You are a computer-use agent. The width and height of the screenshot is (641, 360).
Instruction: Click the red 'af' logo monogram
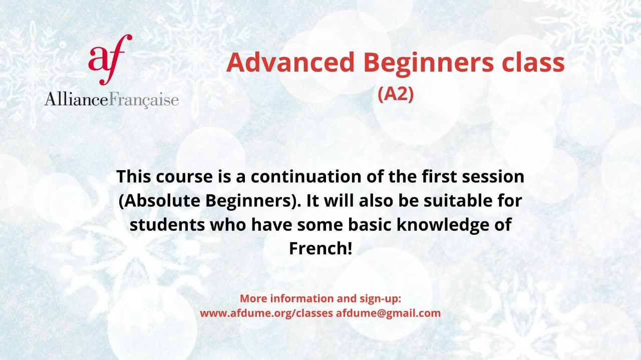coord(110,60)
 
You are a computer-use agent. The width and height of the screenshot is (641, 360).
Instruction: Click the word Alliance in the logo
coord(77,99)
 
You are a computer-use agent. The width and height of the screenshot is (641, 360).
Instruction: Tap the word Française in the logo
coord(144,100)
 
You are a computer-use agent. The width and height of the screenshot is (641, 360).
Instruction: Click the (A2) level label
coord(396,94)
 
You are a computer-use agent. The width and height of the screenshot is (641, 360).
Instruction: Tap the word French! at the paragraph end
coord(320,248)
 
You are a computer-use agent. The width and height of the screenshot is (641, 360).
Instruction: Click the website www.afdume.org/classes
coord(266,313)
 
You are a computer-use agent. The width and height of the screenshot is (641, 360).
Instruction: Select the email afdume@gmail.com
coord(388,313)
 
